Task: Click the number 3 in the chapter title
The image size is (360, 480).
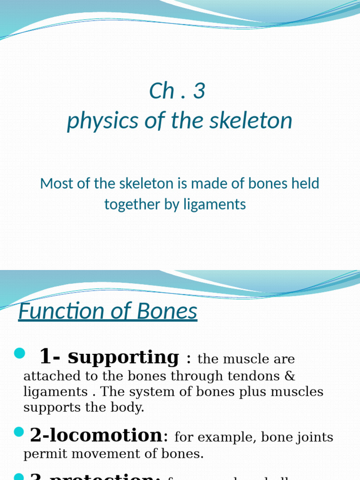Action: [199, 91]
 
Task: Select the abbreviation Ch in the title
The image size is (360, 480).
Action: [162, 91]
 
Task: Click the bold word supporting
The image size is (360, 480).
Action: [123, 357]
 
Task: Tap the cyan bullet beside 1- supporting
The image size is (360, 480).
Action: [19, 353]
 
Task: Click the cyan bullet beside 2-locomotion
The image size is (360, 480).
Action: [19, 432]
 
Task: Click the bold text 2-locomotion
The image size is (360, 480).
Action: [96, 435]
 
